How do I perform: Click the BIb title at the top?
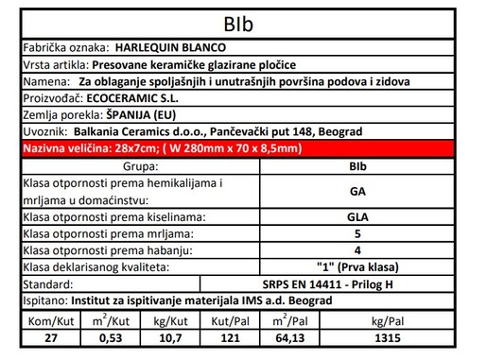tap(243, 22)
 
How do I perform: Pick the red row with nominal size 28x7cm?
tap(243, 148)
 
